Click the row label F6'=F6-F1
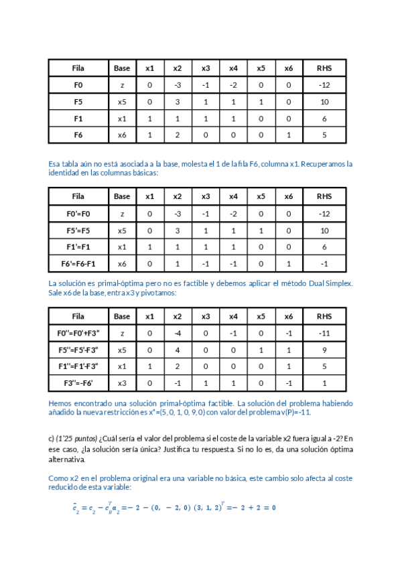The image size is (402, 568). coord(78,264)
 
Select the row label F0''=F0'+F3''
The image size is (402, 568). coord(78,333)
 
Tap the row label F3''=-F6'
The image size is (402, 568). coord(78,383)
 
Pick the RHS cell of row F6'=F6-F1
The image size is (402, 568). coord(324,264)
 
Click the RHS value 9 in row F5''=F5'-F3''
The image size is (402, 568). coord(324,350)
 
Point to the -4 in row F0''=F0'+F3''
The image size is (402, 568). coord(178,333)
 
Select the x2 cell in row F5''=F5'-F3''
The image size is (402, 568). coord(178,350)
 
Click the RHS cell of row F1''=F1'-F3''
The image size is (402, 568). coord(324,366)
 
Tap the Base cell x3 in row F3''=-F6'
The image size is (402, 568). coord(122,383)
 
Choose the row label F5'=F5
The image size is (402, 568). coord(78,230)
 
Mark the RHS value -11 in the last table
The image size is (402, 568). coord(324,333)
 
